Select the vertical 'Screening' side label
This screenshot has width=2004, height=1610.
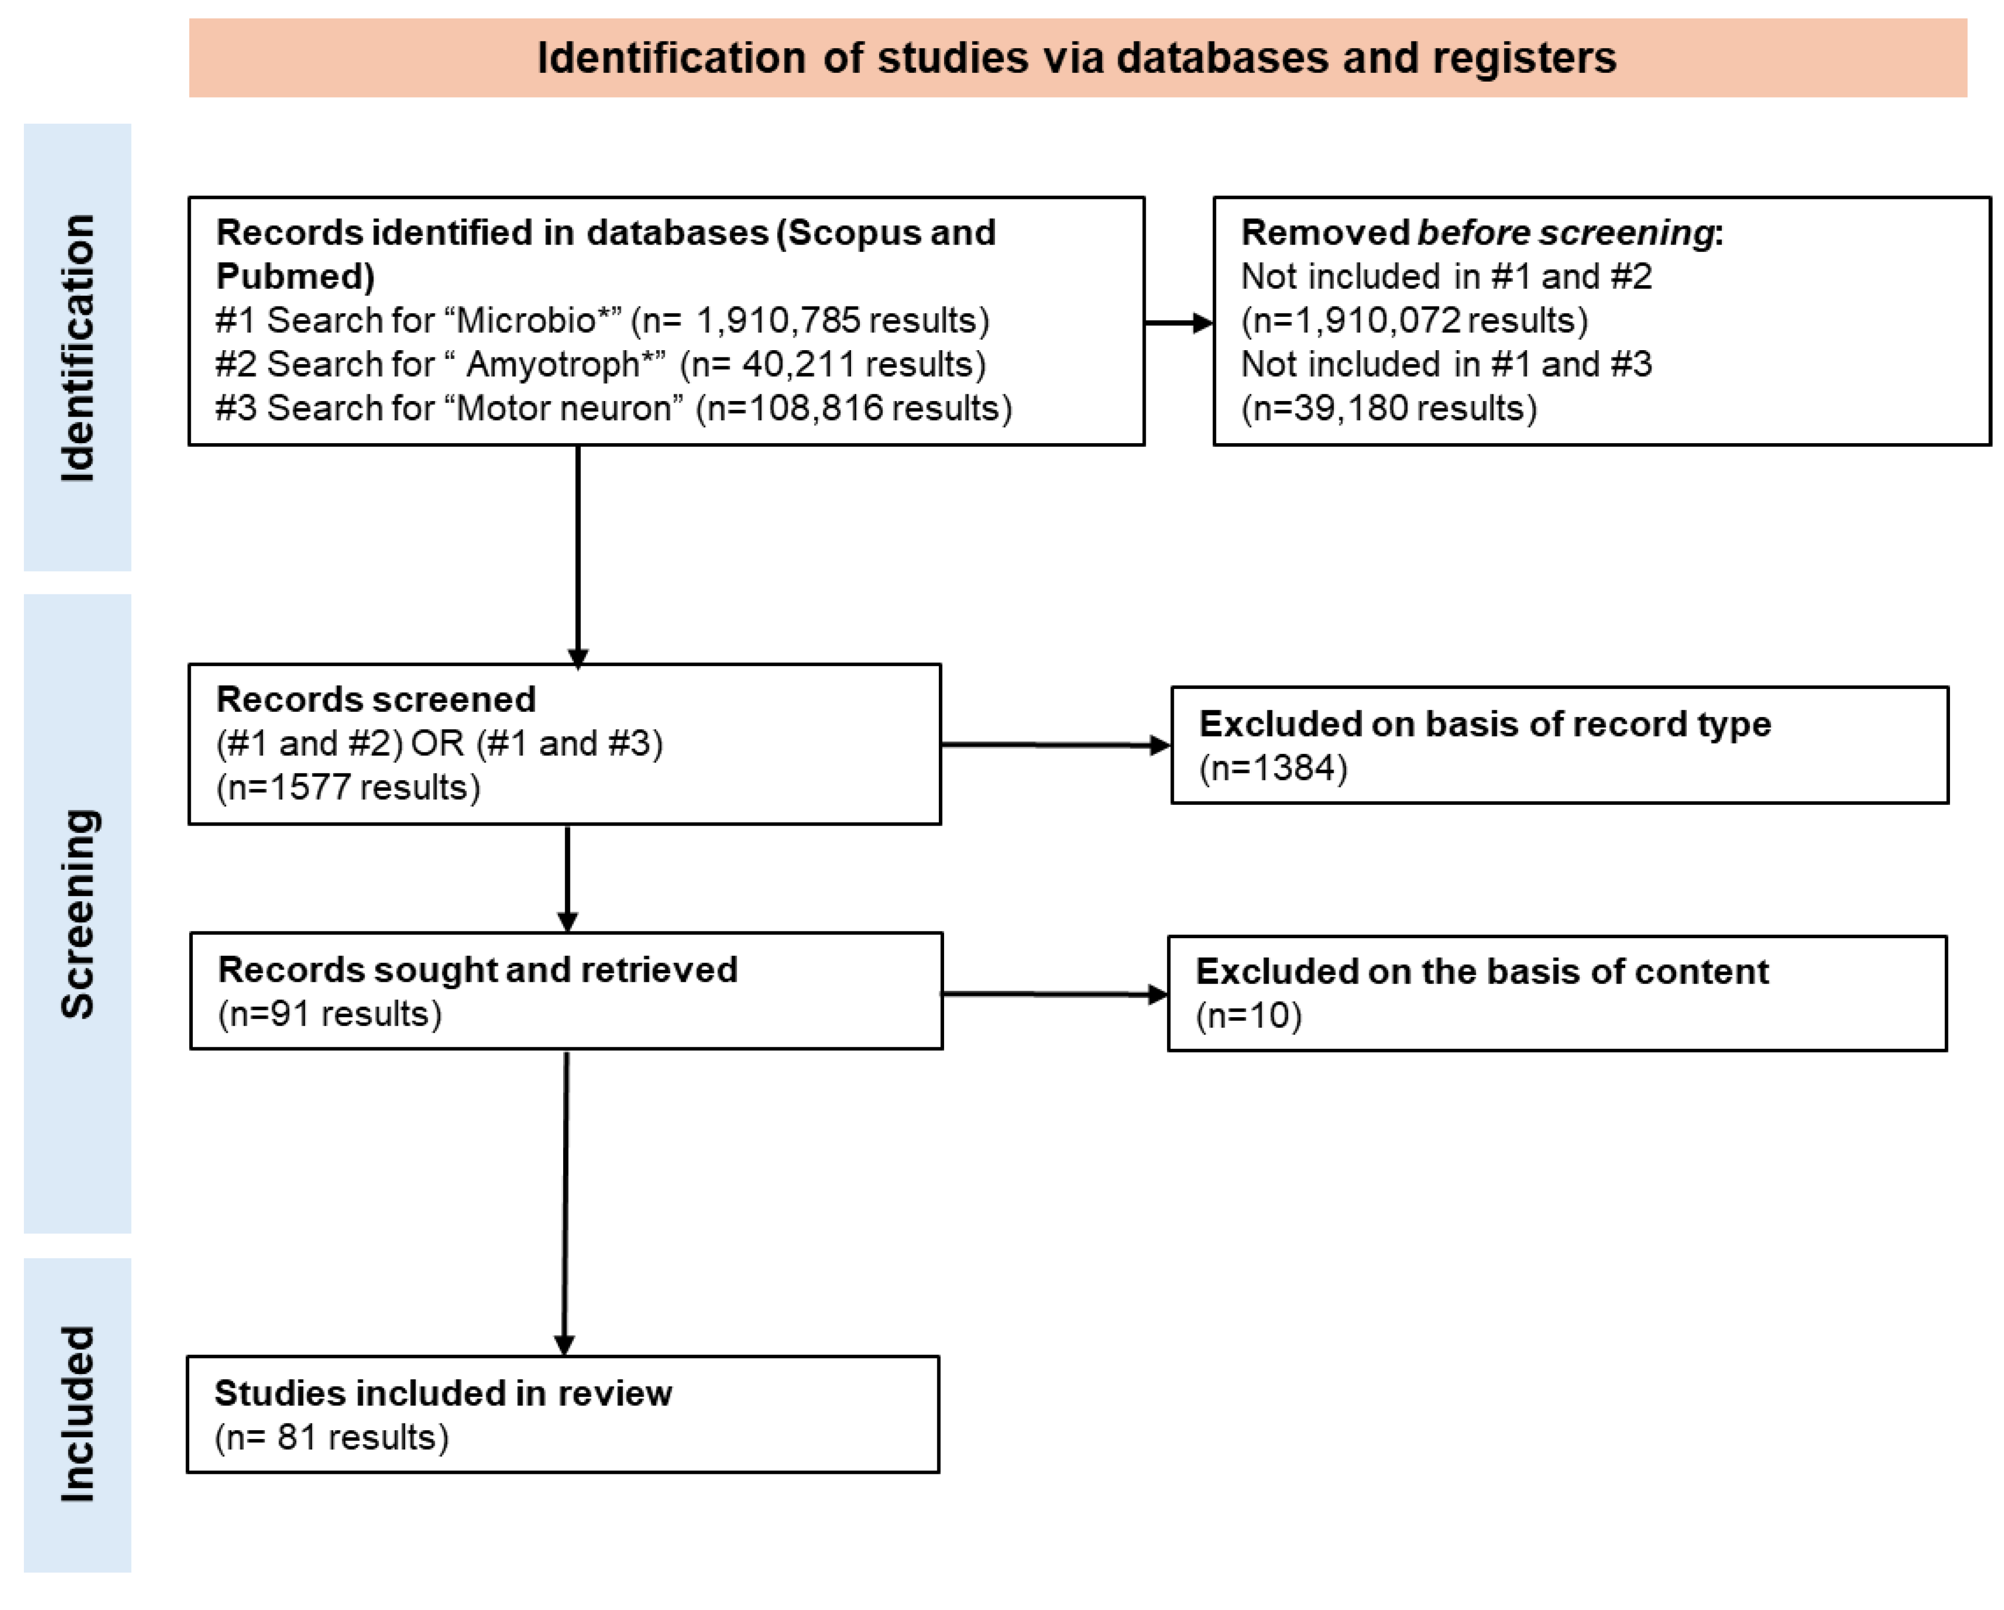pos(78,914)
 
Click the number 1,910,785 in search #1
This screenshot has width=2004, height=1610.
pos(777,321)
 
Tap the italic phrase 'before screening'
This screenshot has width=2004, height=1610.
pos(1565,232)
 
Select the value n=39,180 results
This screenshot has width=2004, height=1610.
pos(1389,408)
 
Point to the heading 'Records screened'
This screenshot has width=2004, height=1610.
pos(376,699)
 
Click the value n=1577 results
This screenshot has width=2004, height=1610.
pos(348,788)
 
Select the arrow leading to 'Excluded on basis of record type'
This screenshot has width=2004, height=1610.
pos(1055,744)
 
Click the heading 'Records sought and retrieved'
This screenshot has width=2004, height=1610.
pos(477,969)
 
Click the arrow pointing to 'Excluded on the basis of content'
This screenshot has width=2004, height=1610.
pos(1055,994)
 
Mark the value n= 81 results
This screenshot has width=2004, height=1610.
pos(331,1437)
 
